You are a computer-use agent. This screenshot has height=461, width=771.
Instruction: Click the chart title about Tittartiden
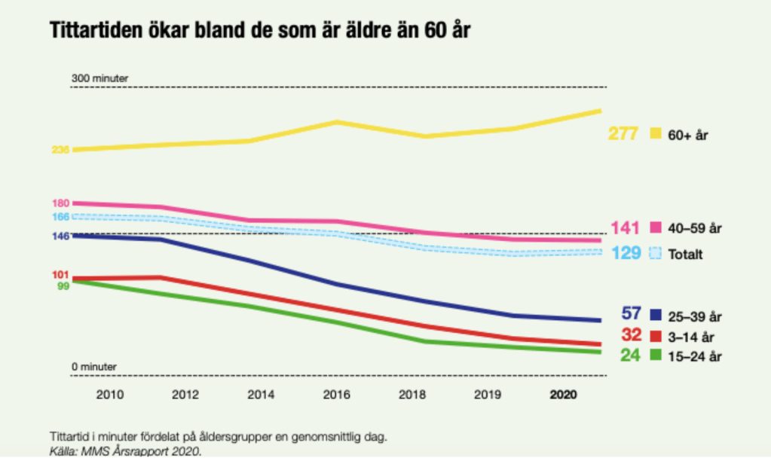click(x=260, y=32)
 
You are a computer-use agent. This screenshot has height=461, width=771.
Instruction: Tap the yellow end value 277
click(x=623, y=134)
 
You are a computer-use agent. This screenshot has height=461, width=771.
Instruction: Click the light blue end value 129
click(x=625, y=253)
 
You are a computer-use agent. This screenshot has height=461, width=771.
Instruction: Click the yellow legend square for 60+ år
click(x=654, y=134)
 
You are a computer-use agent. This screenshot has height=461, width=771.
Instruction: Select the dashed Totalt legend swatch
click(x=654, y=254)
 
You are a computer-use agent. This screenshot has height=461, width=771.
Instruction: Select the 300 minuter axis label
click(x=99, y=78)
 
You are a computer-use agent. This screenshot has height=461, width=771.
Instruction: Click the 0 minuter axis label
click(x=94, y=367)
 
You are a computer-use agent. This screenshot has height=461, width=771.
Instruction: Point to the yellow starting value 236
click(x=60, y=150)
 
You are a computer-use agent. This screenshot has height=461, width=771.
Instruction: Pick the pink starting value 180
click(x=60, y=203)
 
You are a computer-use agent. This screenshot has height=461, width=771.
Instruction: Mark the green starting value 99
click(x=63, y=285)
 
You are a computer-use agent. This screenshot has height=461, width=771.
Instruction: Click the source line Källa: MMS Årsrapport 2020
click(x=126, y=452)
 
